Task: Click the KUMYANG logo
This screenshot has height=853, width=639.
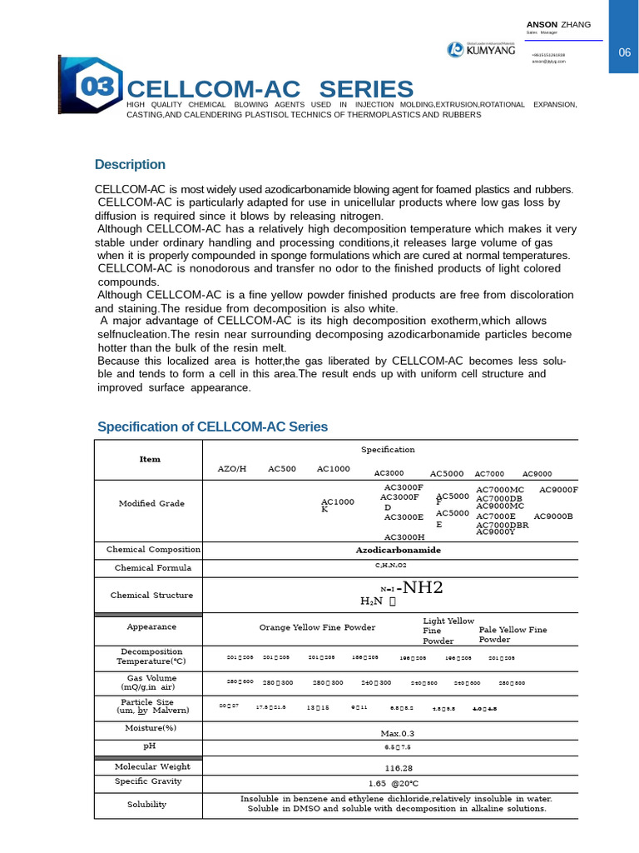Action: click(x=482, y=51)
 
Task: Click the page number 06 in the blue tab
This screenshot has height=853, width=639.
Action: click(x=625, y=52)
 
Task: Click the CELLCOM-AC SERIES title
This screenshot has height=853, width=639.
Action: click(x=270, y=89)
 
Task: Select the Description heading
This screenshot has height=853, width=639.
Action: click(x=130, y=164)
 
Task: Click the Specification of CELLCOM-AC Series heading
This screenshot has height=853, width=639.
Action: click(x=212, y=426)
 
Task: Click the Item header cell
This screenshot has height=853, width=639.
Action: click(x=150, y=459)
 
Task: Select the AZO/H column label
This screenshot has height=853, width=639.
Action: click(x=232, y=469)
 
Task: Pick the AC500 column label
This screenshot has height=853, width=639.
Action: click(x=281, y=469)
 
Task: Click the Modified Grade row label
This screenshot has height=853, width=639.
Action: click(x=151, y=503)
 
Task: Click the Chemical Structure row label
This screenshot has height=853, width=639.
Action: click(x=151, y=595)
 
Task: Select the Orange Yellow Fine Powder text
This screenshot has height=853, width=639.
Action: click(x=317, y=627)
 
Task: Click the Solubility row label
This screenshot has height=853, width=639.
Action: click(x=146, y=804)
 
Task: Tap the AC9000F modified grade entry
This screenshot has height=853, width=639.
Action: click(x=558, y=490)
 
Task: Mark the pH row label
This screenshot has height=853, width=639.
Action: click(x=150, y=746)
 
